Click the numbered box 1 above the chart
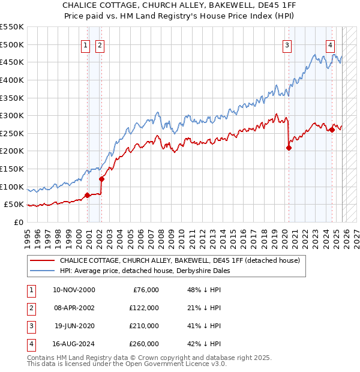coord(86,44)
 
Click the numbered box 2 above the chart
coord(100,44)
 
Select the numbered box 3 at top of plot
coord(287,44)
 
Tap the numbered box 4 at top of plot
coord(331,44)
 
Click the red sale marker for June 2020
coord(289,148)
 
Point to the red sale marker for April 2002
coord(101,179)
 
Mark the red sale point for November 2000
coord(88,195)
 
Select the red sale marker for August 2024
coord(332,130)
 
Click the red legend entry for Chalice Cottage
coord(183,260)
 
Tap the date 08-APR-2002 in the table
coord(74,308)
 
